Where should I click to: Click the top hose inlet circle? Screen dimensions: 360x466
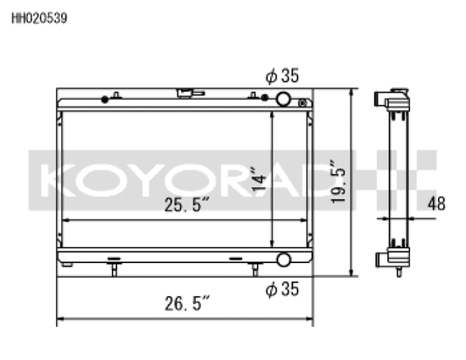click(x=283, y=99)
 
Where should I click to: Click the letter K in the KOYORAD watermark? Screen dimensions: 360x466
click(x=57, y=178)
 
